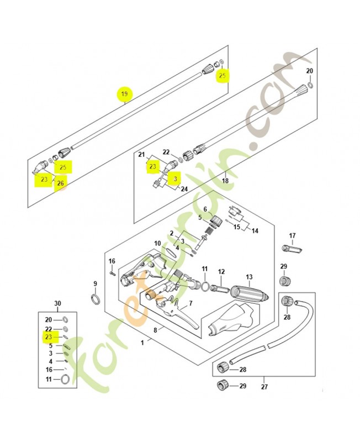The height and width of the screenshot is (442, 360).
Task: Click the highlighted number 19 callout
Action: click(x=124, y=95)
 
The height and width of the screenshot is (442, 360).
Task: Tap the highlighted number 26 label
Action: click(x=60, y=183)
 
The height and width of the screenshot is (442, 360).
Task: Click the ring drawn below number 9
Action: click(x=95, y=299)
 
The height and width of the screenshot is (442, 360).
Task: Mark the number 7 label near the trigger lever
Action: click(x=190, y=303)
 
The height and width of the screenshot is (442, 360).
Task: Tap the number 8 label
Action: click(x=156, y=330)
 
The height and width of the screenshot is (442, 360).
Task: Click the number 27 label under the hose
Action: click(x=264, y=387)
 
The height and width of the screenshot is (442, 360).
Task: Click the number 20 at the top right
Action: click(x=310, y=71)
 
